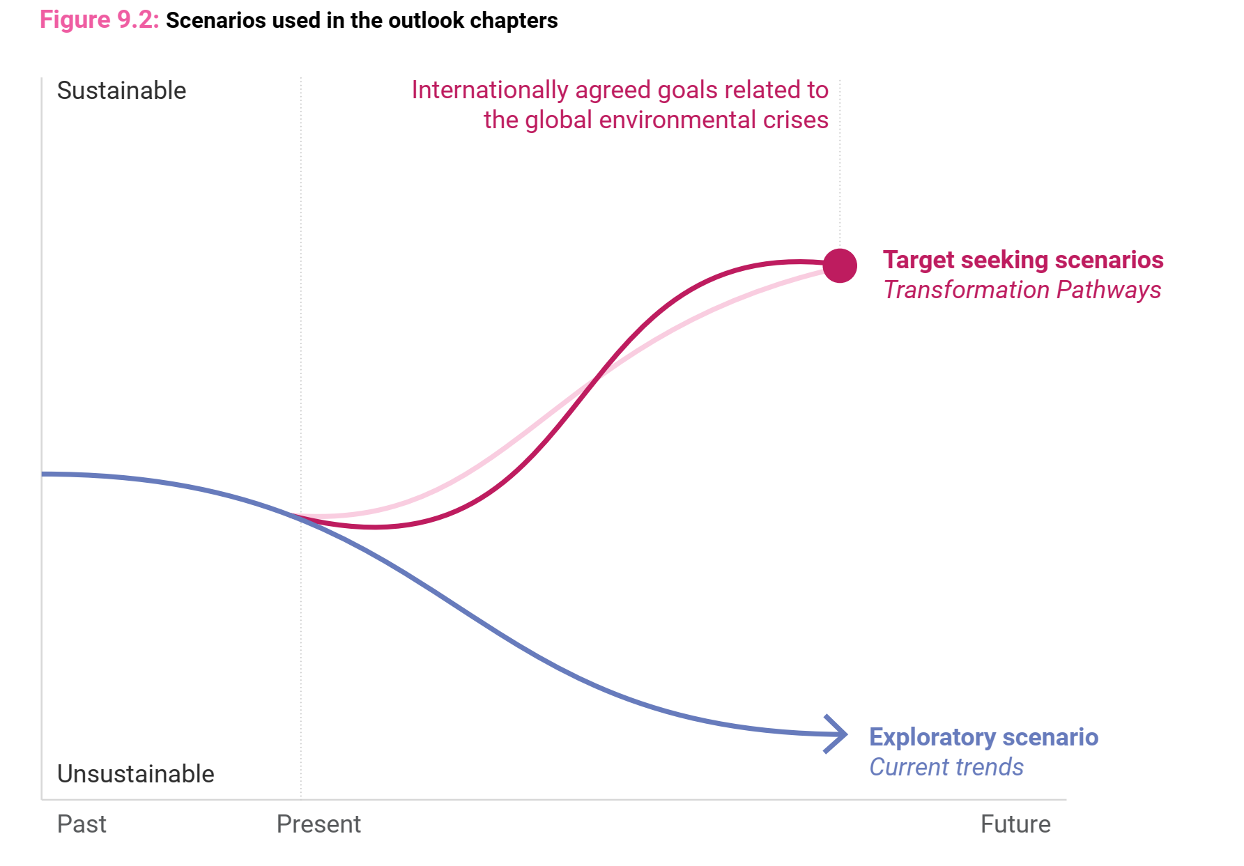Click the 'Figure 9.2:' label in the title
pyautogui.click(x=100, y=20)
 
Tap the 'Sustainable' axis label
pyautogui.click(x=121, y=91)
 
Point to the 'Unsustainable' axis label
pyautogui.click(x=135, y=774)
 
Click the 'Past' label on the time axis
pyautogui.click(x=82, y=824)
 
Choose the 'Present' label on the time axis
pyautogui.click(x=318, y=824)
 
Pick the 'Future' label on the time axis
pyautogui.click(x=1015, y=824)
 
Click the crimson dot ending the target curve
pyautogui.click(x=840, y=265)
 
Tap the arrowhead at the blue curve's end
pyautogui.click(x=837, y=734)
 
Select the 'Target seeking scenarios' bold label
pyautogui.click(x=1023, y=260)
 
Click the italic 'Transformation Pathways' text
pyautogui.click(x=1022, y=290)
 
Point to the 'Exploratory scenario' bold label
pyautogui.click(x=983, y=737)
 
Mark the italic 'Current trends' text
pyautogui.click(x=946, y=767)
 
